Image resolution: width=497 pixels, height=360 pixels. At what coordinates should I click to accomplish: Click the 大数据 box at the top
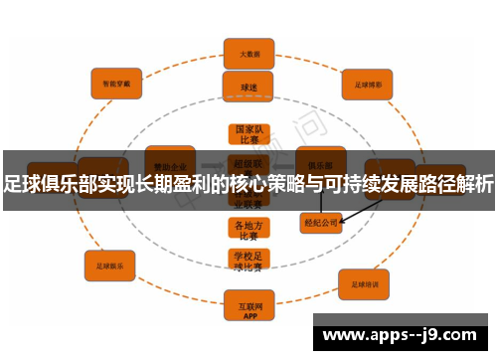[x=248, y=53]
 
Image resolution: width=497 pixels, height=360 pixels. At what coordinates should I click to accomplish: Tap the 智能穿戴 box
[x=117, y=83]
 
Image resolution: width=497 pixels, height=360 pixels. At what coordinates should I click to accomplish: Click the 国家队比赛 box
[x=248, y=135]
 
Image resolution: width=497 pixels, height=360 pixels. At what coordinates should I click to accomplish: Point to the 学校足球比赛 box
[x=248, y=261]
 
